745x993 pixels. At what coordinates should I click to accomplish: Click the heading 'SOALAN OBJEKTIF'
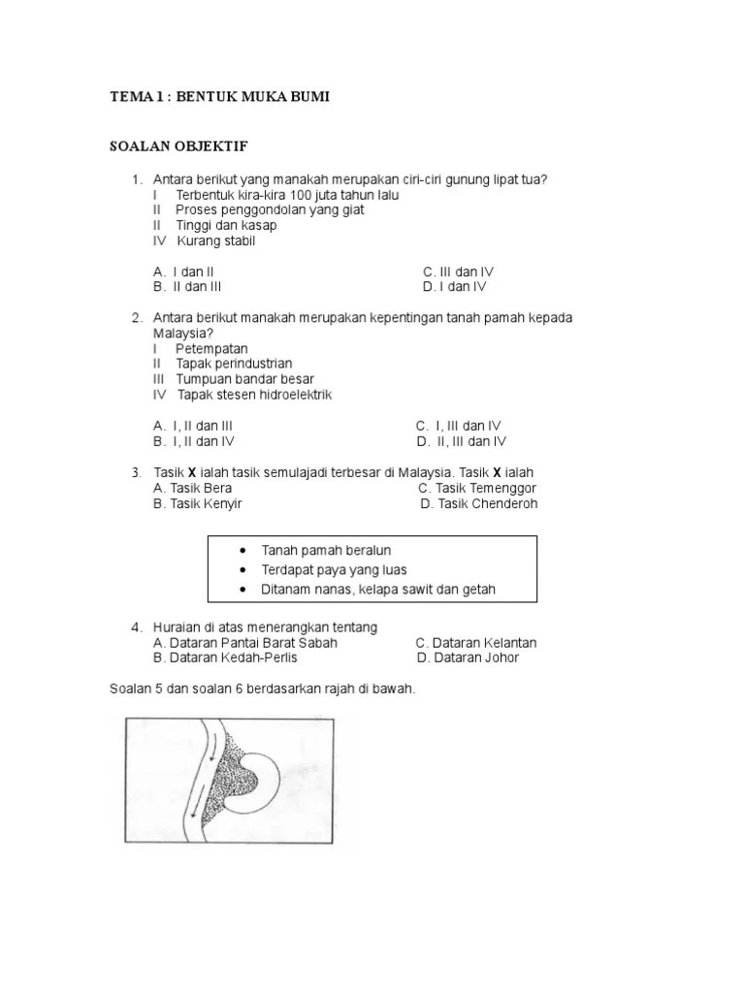178,146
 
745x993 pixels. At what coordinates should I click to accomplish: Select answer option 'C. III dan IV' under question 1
458,272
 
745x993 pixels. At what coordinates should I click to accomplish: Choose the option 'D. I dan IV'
454,287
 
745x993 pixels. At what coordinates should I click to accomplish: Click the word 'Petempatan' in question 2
211,348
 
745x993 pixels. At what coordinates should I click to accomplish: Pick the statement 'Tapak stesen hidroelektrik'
254,395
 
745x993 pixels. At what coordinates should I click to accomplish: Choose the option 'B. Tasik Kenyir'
197,504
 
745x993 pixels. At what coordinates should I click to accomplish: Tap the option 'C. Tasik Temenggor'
477,488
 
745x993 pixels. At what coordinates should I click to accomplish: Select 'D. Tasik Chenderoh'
478,504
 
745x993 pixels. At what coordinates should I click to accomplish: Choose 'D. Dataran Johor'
468,657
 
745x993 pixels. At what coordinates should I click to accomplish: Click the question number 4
138,627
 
